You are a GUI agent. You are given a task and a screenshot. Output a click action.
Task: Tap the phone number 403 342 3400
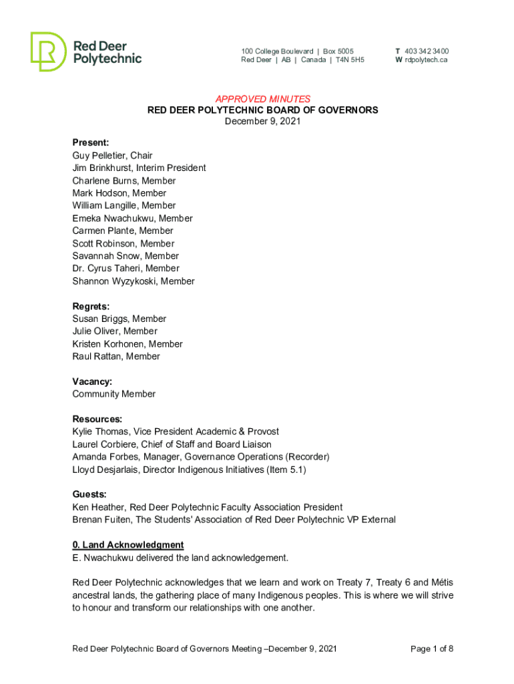(x=427, y=51)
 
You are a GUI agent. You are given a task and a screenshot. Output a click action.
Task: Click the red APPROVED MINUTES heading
(x=262, y=99)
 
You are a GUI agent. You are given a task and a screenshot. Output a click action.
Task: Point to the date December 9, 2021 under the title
(x=262, y=121)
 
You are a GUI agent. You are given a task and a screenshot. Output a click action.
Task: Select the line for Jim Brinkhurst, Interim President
(x=139, y=168)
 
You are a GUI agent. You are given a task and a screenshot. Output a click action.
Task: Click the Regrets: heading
(x=91, y=307)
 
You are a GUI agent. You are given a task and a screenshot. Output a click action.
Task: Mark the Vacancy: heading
(x=92, y=381)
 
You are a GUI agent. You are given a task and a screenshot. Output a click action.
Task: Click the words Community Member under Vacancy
(x=113, y=394)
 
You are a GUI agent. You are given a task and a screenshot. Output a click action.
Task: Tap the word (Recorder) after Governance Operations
(x=307, y=457)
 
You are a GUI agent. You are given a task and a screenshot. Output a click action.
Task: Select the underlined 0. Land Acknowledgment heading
(x=127, y=545)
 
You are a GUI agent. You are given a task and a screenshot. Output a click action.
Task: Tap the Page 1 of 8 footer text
(x=433, y=649)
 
